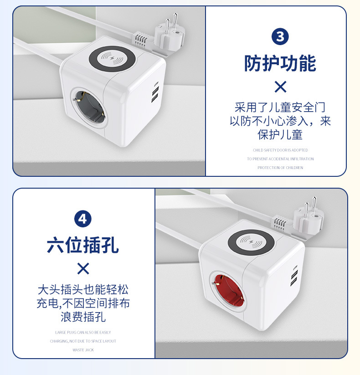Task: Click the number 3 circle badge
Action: [x=280, y=36]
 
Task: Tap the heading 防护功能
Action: [x=280, y=63]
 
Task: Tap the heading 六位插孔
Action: [x=82, y=245]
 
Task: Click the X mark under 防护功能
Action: [x=280, y=87]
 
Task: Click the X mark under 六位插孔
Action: [x=83, y=268]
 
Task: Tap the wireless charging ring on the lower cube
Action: [x=252, y=241]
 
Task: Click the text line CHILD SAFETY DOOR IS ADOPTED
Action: [x=280, y=150]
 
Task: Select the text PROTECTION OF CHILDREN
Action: [x=280, y=168]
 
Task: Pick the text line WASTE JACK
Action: [x=82, y=350]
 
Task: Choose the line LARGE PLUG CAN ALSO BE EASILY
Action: [x=83, y=332]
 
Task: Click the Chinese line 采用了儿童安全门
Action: [x=280, y=108]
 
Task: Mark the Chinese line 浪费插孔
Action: [x=83, y=317]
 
